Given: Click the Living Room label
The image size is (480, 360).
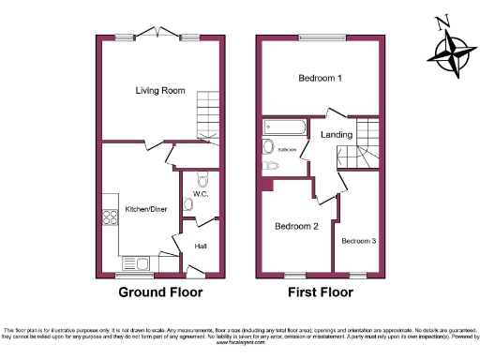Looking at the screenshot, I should [x=159, y=90].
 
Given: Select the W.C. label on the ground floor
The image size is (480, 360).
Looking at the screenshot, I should [x=200, y=194].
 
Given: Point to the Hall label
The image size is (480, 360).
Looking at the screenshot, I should [x=200, y=247].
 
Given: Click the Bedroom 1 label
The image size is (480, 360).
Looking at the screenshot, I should [x=320, y=79].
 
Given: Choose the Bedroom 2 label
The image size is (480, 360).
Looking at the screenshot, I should [x=297, y=226].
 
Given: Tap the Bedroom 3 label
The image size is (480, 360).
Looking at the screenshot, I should [x=358, y=241].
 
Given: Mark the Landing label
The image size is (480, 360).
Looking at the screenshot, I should [x=337, y=135].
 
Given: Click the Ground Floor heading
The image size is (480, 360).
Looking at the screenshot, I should [x=159, y=292].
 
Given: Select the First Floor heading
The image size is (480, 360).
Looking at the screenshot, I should [x=320, y=292].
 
